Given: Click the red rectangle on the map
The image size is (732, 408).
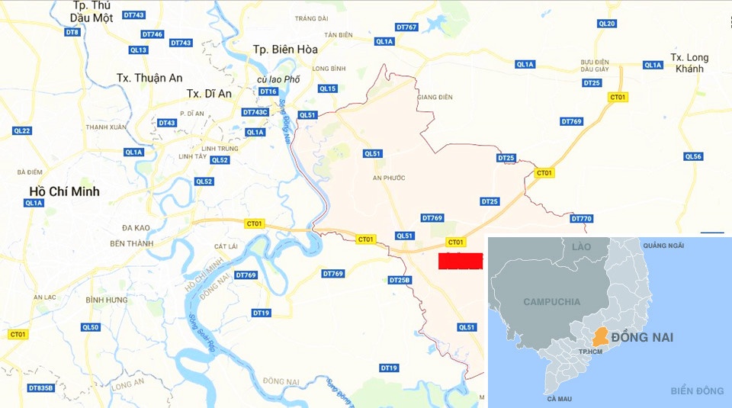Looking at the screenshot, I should tap(461, 261).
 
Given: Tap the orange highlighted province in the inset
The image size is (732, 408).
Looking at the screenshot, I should tap(602, 336).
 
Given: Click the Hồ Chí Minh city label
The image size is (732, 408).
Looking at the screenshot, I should tap(64, 191).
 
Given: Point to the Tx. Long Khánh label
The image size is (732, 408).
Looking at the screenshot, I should tap(689, 63).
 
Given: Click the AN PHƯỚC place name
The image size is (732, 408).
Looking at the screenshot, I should tap(389, 178).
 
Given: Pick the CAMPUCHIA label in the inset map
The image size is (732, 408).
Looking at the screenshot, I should tap(552, 302).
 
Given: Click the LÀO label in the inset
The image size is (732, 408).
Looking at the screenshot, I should tap(582, 246).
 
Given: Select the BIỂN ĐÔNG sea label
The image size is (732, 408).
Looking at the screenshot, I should tap(697, 391).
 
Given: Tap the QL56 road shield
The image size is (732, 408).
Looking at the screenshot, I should tap(693, 157).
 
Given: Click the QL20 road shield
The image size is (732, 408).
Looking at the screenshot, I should tap(607, 24).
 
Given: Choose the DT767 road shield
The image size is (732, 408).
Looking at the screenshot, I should tap(407, 27).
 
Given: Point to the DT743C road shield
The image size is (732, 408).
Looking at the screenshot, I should tap(255, 112).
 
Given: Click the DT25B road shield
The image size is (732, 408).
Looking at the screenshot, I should tap(400, 280).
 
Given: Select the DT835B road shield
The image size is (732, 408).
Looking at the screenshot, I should tap(41, 388).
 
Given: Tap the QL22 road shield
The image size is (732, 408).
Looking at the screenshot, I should tap(22, 131).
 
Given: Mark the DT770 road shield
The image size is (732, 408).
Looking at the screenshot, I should tap(581, 219).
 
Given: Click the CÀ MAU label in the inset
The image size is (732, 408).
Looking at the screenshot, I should tap(559, 399).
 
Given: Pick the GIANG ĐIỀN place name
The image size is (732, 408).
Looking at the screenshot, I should tap(435, 98).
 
